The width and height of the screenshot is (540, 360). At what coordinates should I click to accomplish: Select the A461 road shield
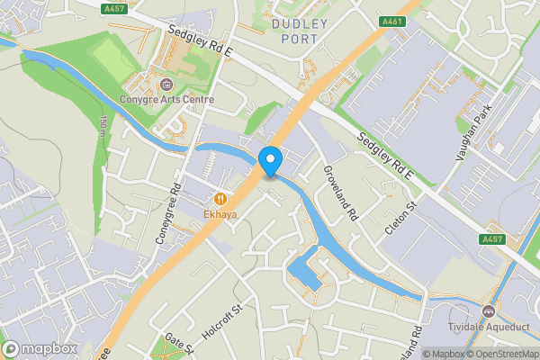point(391,22)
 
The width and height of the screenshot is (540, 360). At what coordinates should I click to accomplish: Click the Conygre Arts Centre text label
point(171,99)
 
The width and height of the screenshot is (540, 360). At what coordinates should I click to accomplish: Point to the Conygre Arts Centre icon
point(166,85)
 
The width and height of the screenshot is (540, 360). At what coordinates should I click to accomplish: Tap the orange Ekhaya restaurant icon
point(220,198)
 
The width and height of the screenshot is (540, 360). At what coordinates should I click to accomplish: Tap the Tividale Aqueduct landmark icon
point(489,310)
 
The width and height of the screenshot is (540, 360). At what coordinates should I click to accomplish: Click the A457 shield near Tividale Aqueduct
point(491,239)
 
